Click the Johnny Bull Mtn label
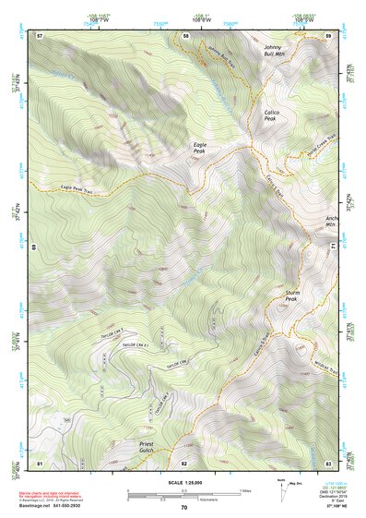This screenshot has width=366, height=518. [273, 49]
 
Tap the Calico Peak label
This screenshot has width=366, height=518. [270, 114]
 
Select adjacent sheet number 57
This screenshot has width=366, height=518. [40, 35]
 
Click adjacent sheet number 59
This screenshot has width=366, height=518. [328, 35]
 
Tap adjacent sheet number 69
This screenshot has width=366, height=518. [34, 247]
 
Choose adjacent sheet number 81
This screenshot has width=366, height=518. [40, 462]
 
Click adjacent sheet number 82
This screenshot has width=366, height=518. [184, 462]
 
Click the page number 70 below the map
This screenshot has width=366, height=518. [184, 507]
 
